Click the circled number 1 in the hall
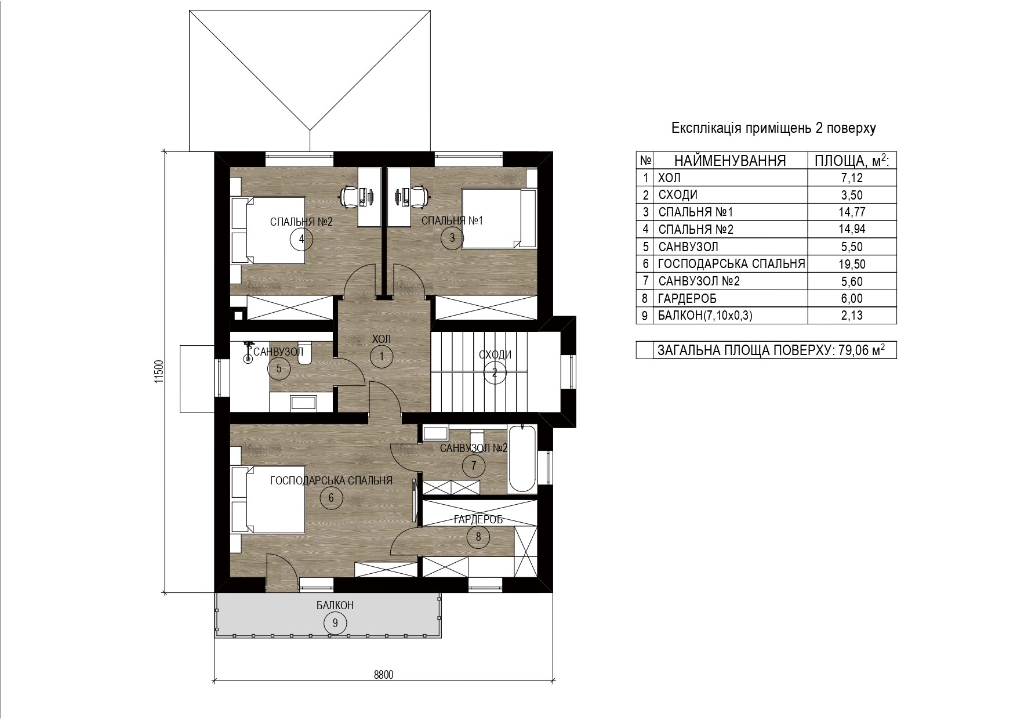pos(382,356)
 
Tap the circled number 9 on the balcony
pos(335,623)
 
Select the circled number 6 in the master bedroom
pos(331,498)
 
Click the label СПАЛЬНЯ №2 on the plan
pos(302,221)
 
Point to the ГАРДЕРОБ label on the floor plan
pos(478,520)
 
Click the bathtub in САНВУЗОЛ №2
pos(523,459)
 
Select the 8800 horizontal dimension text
pos(383,674)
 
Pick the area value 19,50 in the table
pos(851,264)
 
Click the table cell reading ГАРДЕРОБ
pos(688,299)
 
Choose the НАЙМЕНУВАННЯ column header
pos(730,161)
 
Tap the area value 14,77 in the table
pos(851,212)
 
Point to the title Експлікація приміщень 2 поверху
pos(773,128)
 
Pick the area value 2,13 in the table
pos(851,316)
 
